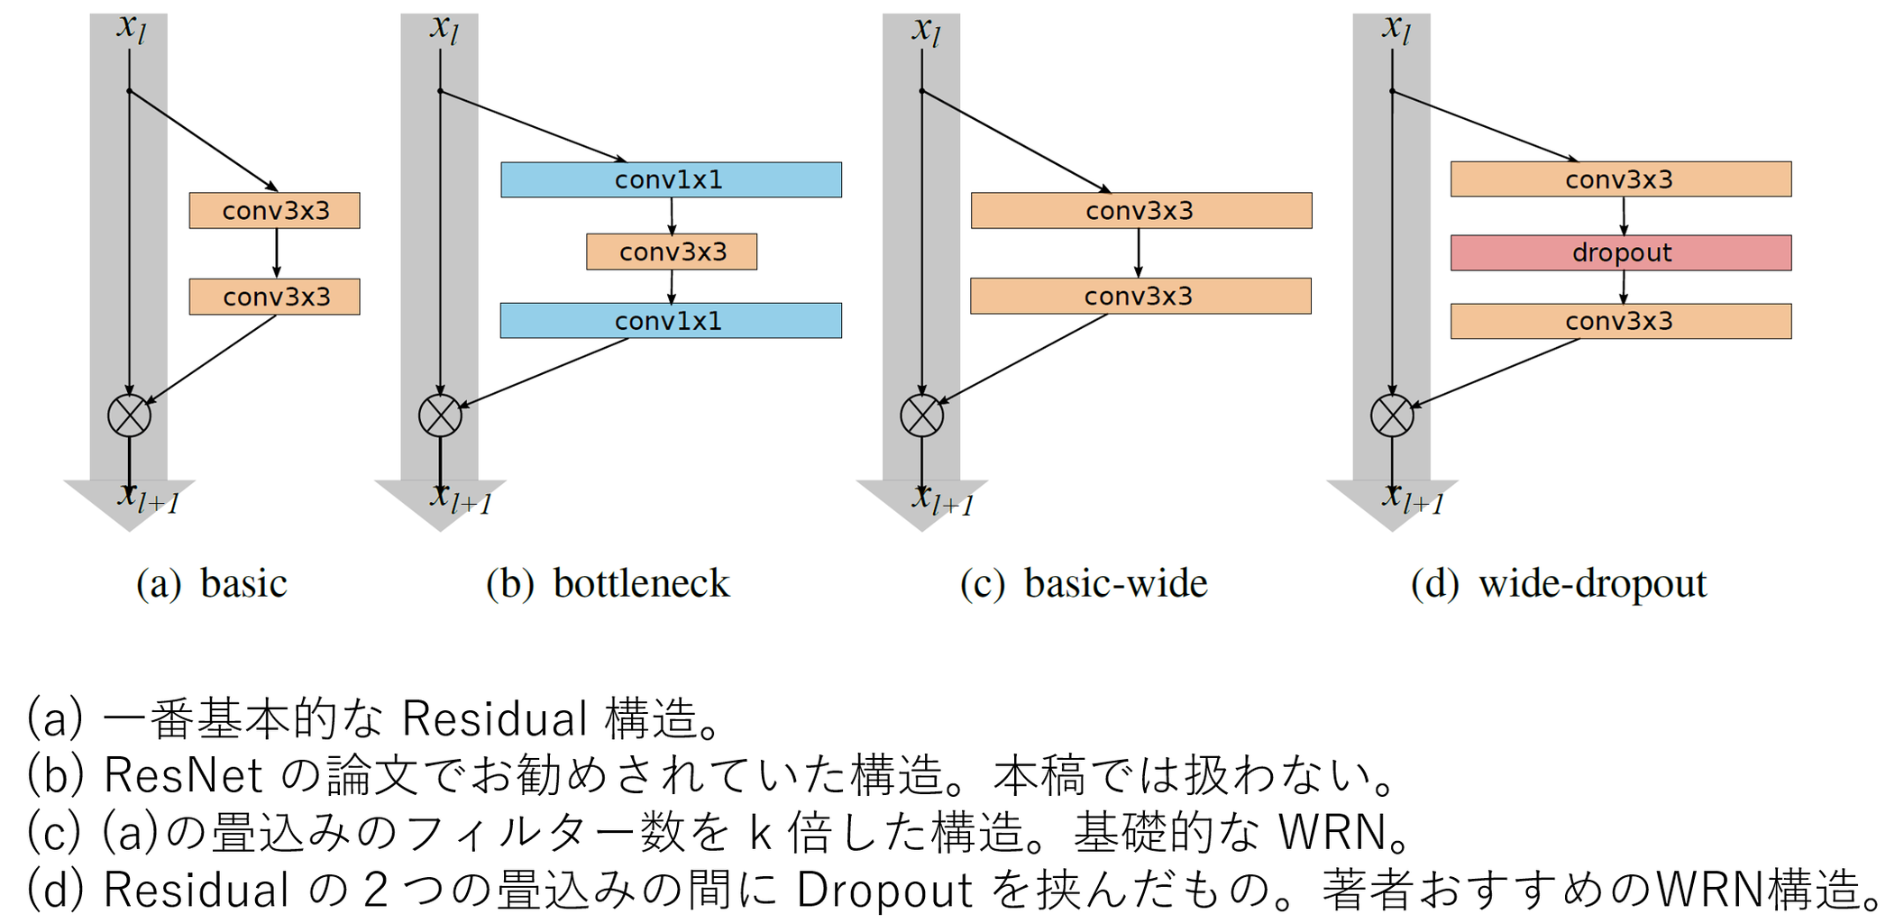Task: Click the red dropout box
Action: (x=1620, y=253)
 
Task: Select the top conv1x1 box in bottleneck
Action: (x=671, y=180)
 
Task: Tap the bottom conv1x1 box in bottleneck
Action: (x=671, y=321)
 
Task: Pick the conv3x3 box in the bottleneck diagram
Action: (x=672, y=252)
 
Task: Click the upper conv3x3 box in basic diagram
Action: (x=275, y=211)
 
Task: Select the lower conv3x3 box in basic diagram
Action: (x=275, y=297)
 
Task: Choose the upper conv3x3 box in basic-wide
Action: (x=1140, y=211)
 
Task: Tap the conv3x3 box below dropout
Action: (x=1620, y=322)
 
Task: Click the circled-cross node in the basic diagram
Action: (x=129, y=416)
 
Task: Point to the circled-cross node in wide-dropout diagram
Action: (x=1392, y=416)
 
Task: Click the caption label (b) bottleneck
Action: (x=607, y=583)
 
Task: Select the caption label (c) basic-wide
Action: (x=1083, y=583)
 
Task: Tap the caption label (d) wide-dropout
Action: (x=1558, y=583)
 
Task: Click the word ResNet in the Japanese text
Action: (x=183, y=775)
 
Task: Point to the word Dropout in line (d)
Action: (x=883, y=890)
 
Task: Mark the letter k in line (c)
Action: (x=761, y=833)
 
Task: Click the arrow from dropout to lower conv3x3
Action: (x=1623, y=287)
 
